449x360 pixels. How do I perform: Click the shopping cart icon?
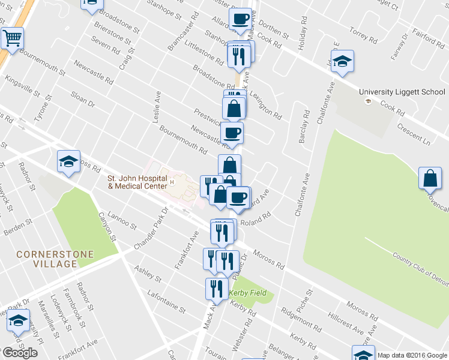tap(12, 38)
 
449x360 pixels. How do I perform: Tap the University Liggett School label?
tap(402, 92)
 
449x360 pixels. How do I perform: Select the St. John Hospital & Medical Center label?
tap(136, 182)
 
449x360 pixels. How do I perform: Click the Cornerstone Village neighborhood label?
tap(55, 259)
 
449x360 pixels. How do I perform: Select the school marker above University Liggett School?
tap(342, 61)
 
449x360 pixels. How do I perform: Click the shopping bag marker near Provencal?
tap(430, 178)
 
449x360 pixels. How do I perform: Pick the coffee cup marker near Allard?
tap(240, 19)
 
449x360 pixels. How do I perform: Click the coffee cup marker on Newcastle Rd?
tap(232, 133)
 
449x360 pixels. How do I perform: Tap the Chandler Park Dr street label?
tap(149, 229)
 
